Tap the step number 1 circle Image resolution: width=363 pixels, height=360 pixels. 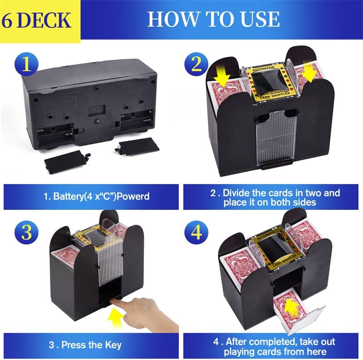(x=27, y=64)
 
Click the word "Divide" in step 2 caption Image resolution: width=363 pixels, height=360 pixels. (x=245, y=193)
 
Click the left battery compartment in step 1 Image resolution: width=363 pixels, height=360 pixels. (x=55, y=131)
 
